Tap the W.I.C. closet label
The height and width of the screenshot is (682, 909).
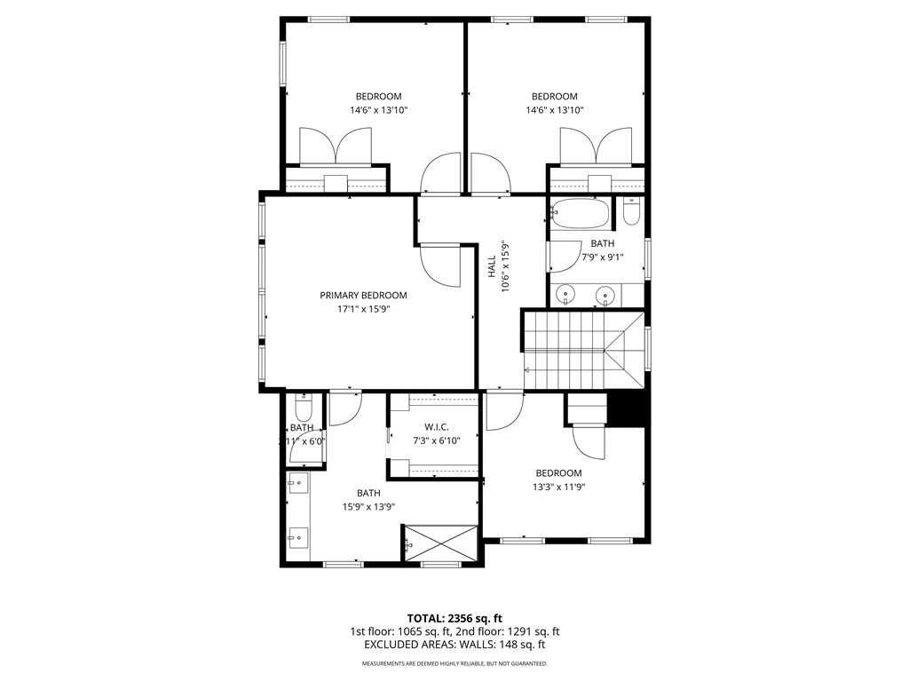(436, 426)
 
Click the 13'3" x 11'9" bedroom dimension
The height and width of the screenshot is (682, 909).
(558, 487)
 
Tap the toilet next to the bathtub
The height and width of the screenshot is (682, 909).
(631, 211)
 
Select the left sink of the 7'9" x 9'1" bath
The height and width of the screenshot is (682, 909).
(565, 295)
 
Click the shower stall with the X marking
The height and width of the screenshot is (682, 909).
(440, 542)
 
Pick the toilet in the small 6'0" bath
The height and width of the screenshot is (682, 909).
(302, 409)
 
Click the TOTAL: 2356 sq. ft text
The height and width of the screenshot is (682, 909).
(454, 618)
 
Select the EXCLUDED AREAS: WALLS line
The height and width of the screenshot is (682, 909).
(454, 646)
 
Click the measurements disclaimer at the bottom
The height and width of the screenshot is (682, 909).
(454, 663)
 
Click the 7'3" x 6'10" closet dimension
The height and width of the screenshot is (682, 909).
(436, 440)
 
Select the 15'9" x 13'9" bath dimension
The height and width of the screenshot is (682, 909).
(368, 507)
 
